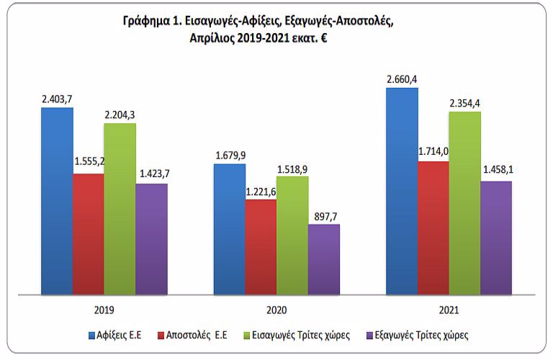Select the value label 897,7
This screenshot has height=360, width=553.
(323, 215)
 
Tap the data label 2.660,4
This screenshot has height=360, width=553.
(401, 78)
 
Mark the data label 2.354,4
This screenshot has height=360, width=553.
(464, 103)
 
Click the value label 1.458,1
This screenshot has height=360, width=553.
(495, 171)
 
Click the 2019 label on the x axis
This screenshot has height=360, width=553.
(104, 310)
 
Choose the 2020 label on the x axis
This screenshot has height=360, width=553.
(276, 310)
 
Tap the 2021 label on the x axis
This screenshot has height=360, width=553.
(449, 310)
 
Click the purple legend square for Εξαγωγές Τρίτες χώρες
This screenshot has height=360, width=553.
(369, 336)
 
